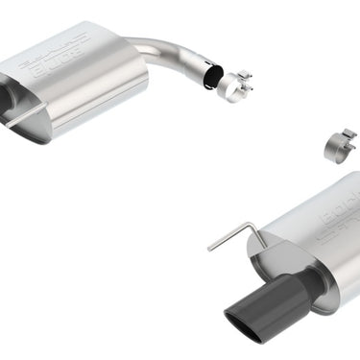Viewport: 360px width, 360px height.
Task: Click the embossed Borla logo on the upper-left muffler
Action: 60,60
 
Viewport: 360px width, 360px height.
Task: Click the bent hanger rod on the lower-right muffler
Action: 236,233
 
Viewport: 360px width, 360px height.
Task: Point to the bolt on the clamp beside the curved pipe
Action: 246,76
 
